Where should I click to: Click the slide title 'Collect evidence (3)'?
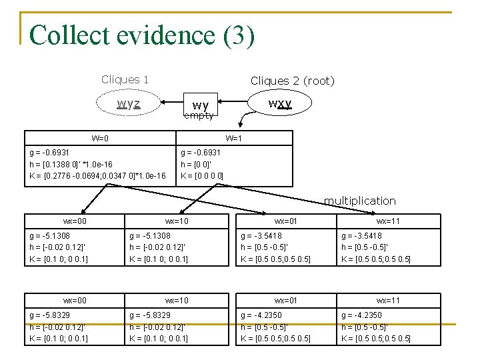[142, 35]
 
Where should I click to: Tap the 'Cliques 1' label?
[125, 79]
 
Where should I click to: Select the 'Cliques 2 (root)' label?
[292, 81]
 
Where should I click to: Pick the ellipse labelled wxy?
[280, 104]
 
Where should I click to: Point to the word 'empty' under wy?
[199, 115]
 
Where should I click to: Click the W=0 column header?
[100, 139]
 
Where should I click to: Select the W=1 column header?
[234, 139]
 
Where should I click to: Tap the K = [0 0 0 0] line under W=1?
[202, 176]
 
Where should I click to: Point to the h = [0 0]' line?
[197, 164]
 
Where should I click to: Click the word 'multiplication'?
[359, 201]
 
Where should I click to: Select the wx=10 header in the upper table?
[177, 221]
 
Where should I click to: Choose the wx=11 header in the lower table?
[388, 301]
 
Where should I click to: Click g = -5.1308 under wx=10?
[150, 235]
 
